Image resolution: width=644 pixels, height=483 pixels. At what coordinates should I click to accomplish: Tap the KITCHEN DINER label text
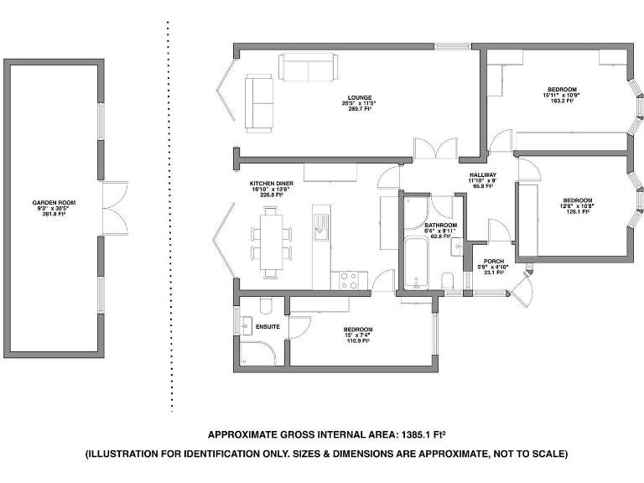pyautogui.click(x=271, y=183)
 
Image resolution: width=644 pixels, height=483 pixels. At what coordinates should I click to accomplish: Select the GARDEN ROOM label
pyautogui.click(x=55, y=203)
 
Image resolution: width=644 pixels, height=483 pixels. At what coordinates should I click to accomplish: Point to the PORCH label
pyautogui.click(x=491, y=259)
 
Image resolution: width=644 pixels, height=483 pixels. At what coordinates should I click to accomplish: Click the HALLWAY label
pyautogui.click(x=483, y=174)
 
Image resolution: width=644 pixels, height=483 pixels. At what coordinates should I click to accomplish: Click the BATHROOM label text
pyautogui.click(x=440, y=226)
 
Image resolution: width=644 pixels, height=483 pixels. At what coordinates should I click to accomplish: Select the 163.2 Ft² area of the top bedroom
pyautogui.click(x=562, y=101)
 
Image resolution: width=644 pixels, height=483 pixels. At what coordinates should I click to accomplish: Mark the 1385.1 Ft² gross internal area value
pyautogui.click(x=423, y=434)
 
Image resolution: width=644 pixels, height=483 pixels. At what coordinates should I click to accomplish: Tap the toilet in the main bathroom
pyautogui.click(x=449, y=279)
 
